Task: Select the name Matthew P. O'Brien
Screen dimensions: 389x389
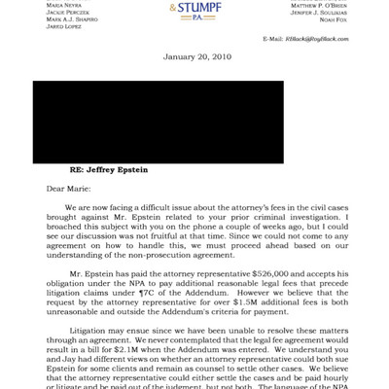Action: [318, 7]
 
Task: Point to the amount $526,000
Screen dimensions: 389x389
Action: [272, 275]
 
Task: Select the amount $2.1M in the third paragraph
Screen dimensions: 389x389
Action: [133, 362]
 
